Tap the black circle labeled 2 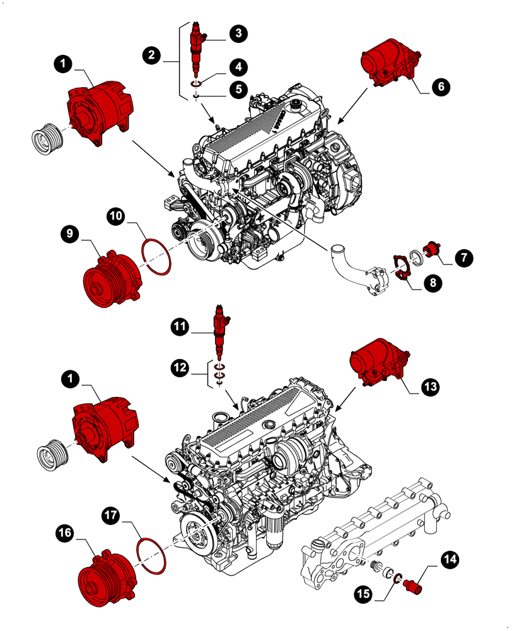click(x=151, y=56)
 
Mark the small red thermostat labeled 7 click(x=433, y=250)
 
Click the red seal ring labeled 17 click(x=151, y=556)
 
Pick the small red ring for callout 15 click(x=397, y=575)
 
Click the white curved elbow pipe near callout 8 click(x=344, y=260)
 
